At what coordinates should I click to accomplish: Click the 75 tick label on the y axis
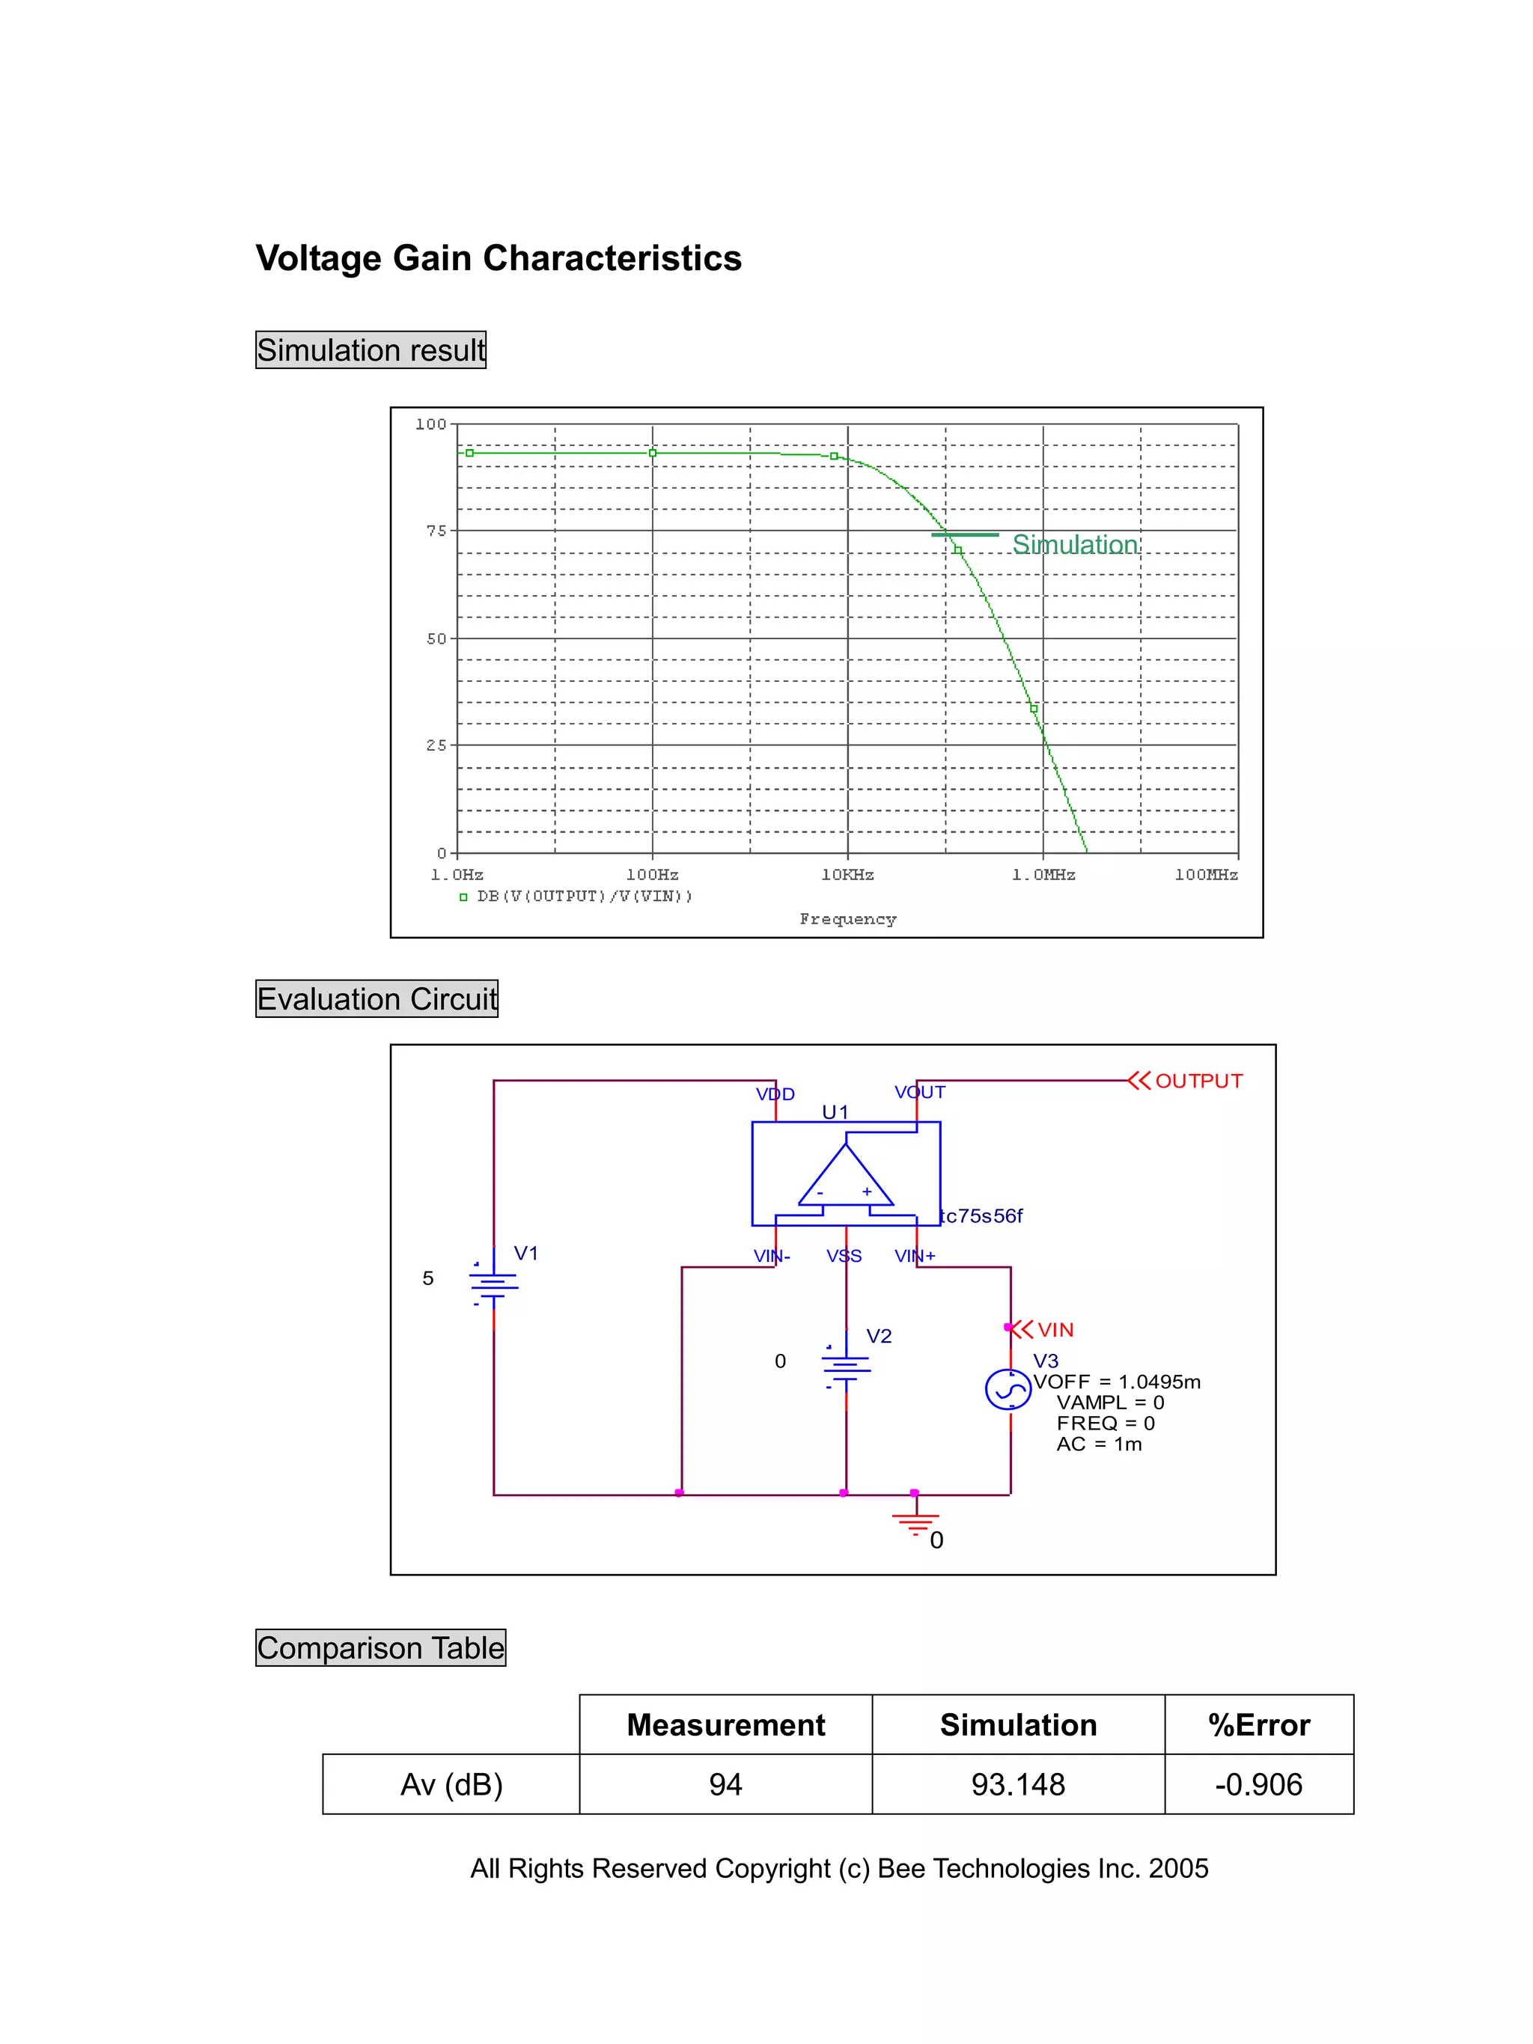435,531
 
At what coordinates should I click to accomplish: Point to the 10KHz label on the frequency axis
847,874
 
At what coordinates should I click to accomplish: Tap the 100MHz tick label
1205,874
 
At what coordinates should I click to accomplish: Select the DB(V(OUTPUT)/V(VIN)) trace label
584,897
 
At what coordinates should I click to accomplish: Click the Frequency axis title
847,918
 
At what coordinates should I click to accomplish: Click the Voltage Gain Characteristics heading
498,257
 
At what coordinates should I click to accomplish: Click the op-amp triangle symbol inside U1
844,1177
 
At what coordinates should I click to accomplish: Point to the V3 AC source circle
1008,1389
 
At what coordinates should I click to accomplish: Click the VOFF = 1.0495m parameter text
1116,1382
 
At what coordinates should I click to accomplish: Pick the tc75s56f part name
981,1216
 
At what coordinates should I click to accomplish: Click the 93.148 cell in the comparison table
1017,1784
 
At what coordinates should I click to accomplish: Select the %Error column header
1258,1725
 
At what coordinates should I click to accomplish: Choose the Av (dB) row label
451,1784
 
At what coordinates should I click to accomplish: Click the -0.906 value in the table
1258,1784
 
